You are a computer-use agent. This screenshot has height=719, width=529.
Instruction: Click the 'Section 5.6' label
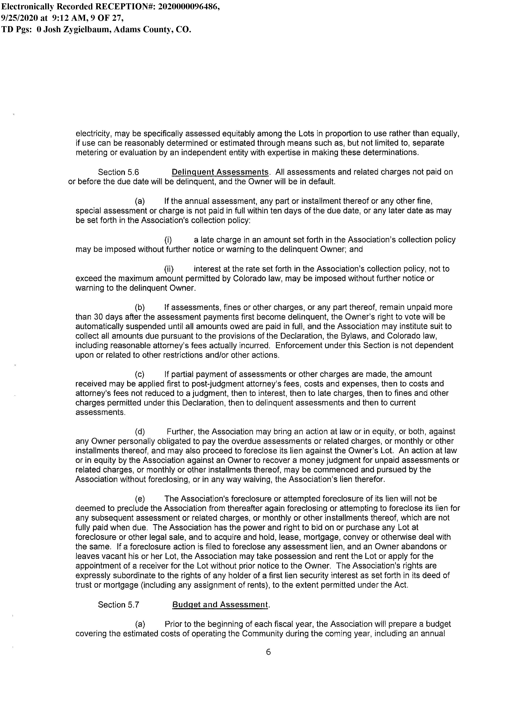(118, 172)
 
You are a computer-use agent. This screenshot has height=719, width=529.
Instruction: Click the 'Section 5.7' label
(118, 605)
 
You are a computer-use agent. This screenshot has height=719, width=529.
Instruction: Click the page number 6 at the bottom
(268, 652)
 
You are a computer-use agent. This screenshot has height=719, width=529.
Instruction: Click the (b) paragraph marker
(140, 308)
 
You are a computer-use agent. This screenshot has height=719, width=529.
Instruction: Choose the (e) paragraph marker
(140, 499)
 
